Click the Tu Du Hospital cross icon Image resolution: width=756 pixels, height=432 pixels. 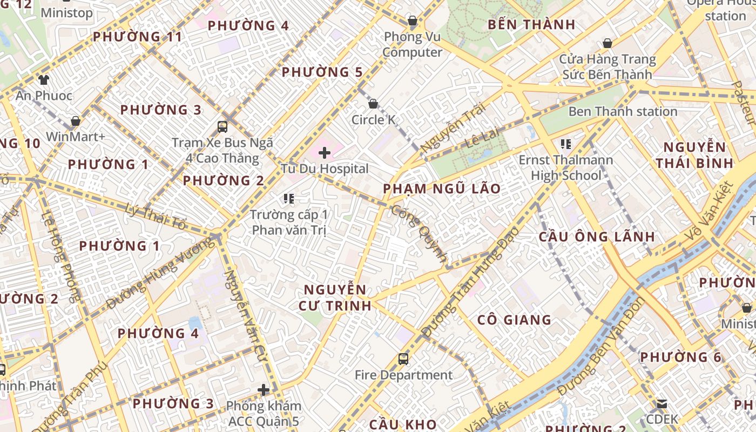tap(325, 153)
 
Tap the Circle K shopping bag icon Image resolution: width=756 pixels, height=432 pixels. tap(373, 104)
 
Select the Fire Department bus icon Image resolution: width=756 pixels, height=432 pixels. tap(403, 359)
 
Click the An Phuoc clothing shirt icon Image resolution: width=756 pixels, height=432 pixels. tap(43, 80)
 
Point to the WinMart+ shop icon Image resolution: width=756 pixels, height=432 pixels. tap(76, 121)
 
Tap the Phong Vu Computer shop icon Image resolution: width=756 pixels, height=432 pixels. tap(413, 21)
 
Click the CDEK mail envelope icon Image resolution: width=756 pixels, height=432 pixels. tap(662, 403)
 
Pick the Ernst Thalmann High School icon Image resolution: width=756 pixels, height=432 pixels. tap(566, 144)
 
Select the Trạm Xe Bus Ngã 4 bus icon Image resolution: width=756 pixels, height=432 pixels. tap(222, 127)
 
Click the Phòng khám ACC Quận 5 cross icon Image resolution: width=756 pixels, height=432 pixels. tap(264, 389)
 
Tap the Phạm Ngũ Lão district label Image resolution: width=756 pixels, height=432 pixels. tap(442, 189)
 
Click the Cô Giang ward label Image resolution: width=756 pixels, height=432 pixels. tap(514, 320)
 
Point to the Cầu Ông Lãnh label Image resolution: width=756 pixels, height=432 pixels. tap(597, 237)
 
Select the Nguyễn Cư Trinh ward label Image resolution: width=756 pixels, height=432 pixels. tap(335, 297)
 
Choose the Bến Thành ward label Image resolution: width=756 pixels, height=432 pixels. tap(531, 24)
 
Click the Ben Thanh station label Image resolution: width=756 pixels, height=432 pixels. tap(623, 111)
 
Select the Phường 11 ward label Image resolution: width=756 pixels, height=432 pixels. tap(137, 37)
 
